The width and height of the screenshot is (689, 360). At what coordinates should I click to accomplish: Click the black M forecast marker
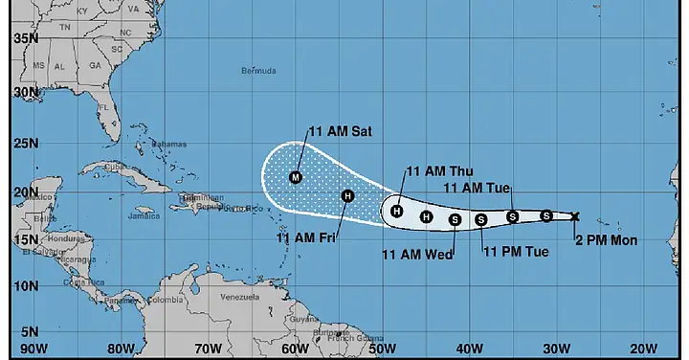coord(296,177)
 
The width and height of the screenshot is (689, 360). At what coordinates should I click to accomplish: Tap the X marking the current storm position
coord(574,216)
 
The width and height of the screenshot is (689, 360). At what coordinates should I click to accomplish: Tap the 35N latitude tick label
coord(25,38)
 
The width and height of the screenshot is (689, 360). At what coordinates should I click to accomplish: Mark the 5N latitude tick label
coord(29,331)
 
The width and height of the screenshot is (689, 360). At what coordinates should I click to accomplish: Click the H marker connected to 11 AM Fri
coord(347,196)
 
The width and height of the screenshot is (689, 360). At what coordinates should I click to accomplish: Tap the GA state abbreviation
coord(96,66)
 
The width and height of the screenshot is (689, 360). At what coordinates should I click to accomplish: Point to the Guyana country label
coord(304,319)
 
